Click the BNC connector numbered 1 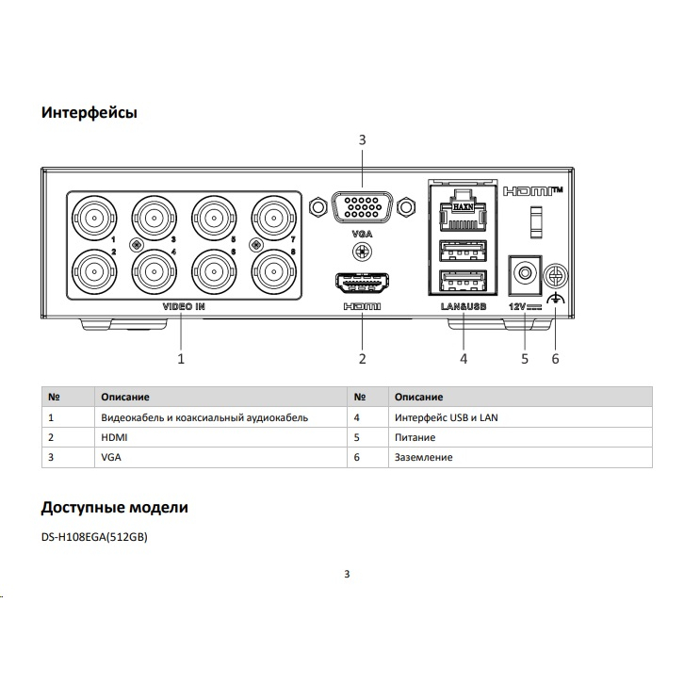pyautogui.click(x=94, y=219)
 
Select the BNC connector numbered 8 pyautogui.click(x=274, y=272)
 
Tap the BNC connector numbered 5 pyautogui.click(x=214, y=219)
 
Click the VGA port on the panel pyautogui.click(x=362, y=207)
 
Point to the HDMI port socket pyautogui.click(x=362, y=283)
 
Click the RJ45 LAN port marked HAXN pyautogui.click(x=463, y=211)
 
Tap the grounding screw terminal pyautogui.click(x=555, y=277)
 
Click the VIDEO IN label pyautogui.click(x=184, y=307)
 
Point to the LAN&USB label pyautogui.click(x=464, y=307)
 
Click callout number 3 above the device pyautogui.click(x=362, y=140)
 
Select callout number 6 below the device pyautogui.click(x=555, y=359)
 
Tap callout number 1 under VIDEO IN pyautogui.click(x=181, y=359)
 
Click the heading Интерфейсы pyautogui.click(x=90, y=112)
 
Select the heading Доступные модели pyautogui.click(x=115, y=508)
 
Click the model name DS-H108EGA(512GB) pyautogui.click(x=94, y=537)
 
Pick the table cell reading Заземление pyautogui.click(x=424, y=457)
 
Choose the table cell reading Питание pyautogui.click(x=415, y=437)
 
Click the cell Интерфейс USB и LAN pyautogui.click(x=447, y=418)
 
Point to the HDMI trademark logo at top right pyautogui.click(x=533, y=191)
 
